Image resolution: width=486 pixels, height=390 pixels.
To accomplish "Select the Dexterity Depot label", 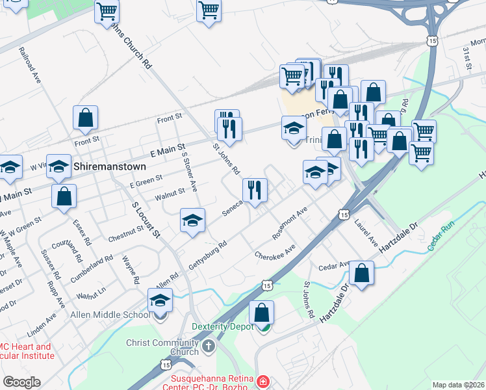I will tap(223, 326).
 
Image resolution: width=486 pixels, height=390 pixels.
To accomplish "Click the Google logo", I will tap(21, 382).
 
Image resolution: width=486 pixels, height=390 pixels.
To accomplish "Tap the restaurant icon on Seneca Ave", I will tap(255, 190).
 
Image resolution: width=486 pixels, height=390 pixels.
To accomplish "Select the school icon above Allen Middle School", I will tap(159, 300).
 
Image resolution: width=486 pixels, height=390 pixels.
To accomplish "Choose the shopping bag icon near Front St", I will tap(85, 118).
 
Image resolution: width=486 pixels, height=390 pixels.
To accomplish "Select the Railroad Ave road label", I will tap(30, 64).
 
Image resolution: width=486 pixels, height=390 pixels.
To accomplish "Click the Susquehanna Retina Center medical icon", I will tap(263, 381).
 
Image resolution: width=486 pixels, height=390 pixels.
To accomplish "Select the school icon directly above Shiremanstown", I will tap(58, 167).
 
